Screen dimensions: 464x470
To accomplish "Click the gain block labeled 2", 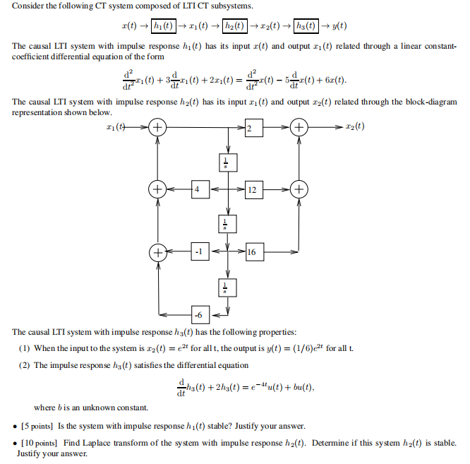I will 254,127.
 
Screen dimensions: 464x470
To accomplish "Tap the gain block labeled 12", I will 254,189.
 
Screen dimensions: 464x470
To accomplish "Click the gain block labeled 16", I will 254,251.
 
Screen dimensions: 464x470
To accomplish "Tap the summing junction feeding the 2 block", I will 157,127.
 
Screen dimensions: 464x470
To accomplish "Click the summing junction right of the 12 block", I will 299,189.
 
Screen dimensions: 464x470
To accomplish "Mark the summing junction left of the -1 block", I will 157,251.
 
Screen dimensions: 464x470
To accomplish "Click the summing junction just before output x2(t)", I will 299,127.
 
